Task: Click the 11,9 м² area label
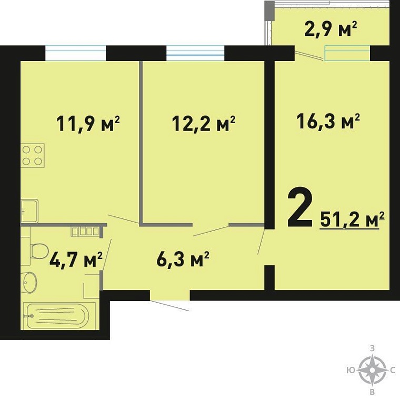88,124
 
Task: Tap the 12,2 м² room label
204,124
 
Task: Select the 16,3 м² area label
328,122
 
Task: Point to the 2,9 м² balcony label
331,29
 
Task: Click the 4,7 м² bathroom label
76,259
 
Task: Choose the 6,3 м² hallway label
183,259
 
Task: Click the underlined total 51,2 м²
352,219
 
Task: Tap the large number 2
300,207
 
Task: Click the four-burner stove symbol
33,155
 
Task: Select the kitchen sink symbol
29,211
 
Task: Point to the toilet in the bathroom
39,251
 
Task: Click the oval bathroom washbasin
29,283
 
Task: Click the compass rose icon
372,370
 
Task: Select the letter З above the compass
372,349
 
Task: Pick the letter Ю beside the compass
351,370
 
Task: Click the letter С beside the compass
393,370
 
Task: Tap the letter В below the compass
372,392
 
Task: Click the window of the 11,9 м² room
75,53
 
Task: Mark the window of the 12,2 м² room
195,53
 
